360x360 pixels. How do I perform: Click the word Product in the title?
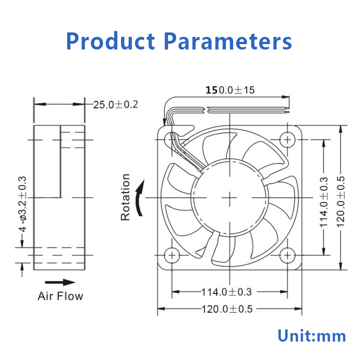coord(110,41)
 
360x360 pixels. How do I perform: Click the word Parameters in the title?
coord(228,41)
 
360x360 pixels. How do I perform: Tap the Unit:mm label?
coord(311,336)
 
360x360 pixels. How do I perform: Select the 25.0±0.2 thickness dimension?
coord(116,105)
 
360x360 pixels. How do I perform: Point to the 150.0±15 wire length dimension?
coord(230,90)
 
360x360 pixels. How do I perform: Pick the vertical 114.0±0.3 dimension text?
coord(324,202)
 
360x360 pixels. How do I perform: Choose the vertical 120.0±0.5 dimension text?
coord(341,202)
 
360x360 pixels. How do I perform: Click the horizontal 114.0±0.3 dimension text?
coord(226,292)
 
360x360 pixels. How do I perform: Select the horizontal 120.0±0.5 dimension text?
coord(227,309)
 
